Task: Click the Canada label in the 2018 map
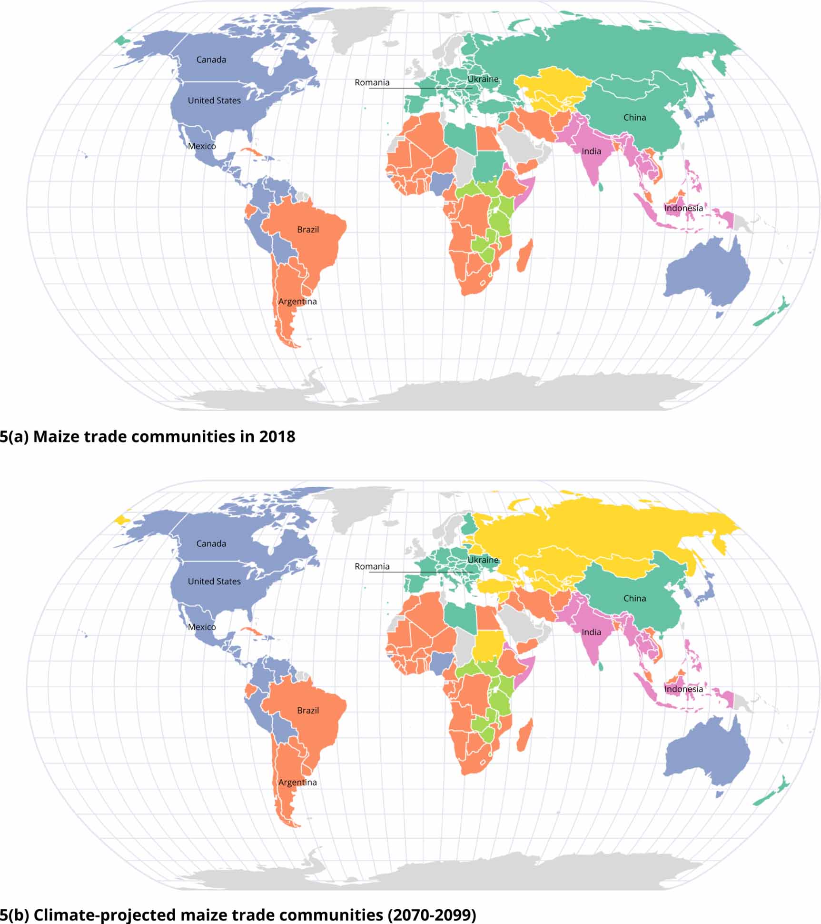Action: point(211,60)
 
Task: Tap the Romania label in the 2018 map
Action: point(372,82)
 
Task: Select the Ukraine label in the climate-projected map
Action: point(483,560)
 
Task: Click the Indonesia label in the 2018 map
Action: point(683,208)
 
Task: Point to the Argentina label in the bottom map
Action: point(297,783)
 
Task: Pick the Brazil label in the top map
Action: point(307,230)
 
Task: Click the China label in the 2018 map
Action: point(634,118)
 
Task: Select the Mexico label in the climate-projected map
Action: point(201,627)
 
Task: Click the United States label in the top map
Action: point(214,100)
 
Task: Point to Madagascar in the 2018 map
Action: point(525,256)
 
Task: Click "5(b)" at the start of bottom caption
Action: point(14,915)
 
